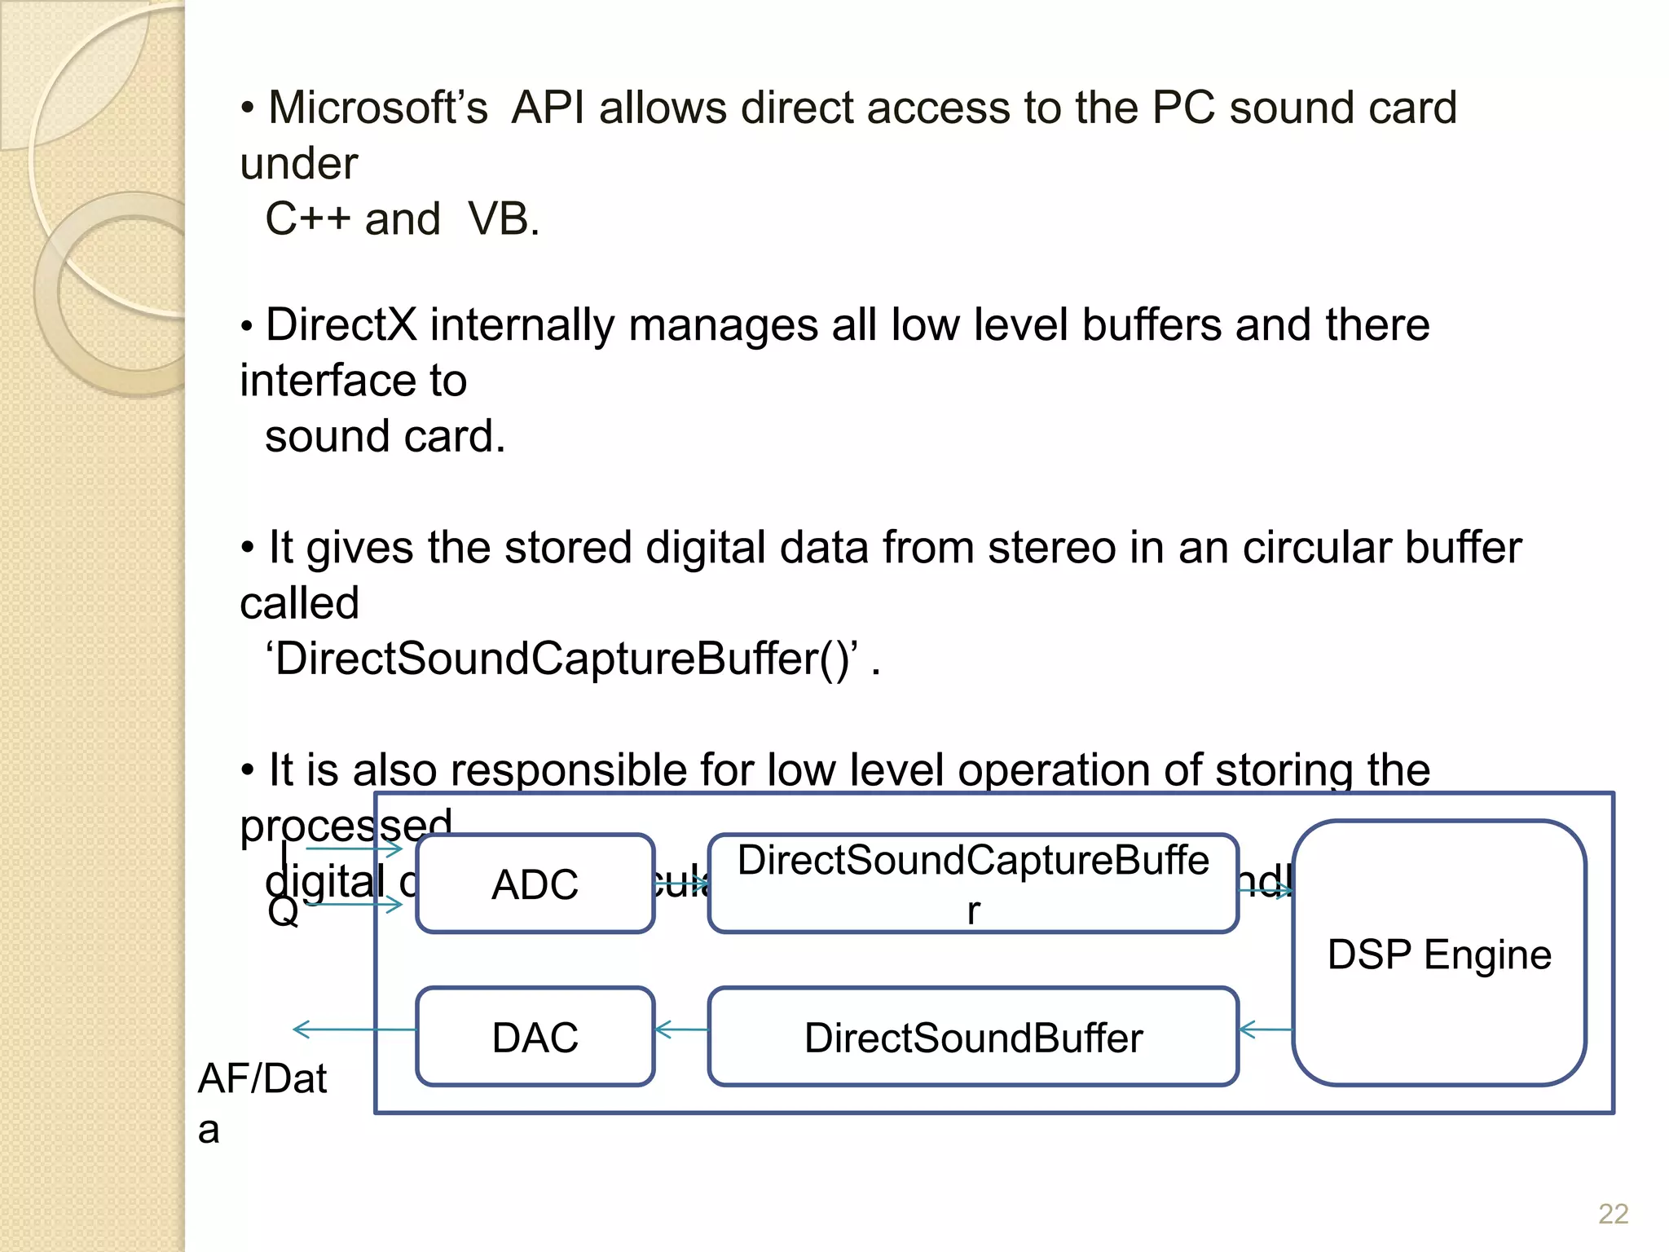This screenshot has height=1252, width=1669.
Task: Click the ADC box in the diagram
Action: point(535,884)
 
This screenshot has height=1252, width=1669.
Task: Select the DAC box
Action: point(535,1037)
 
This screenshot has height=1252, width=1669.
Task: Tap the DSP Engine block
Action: point(1438,954)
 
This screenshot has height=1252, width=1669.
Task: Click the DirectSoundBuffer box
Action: point(973,1037)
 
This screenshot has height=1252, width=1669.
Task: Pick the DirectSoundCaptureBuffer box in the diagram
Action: point(973,884)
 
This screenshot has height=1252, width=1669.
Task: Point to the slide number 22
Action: point(1613,1214)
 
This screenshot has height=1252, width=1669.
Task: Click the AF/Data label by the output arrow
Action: point(262,1079)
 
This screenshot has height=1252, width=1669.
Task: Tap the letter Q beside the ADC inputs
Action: point(283,912)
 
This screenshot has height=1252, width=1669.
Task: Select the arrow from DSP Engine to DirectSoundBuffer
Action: point(1265,1029)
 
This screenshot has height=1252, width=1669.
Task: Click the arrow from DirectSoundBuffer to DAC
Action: point(681,1029)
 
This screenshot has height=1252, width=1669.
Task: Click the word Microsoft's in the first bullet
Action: point(378,108)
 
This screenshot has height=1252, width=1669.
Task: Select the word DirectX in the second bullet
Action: point(341,324)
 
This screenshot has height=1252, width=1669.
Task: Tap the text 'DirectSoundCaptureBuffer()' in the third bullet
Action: point(562,659)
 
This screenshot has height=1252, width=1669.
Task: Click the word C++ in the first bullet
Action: point(307,219)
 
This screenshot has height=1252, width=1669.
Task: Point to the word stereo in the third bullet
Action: point(1051,547)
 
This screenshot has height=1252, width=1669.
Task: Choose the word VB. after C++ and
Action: point(504,219)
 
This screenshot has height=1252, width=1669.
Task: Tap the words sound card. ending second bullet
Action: point(385,436)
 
